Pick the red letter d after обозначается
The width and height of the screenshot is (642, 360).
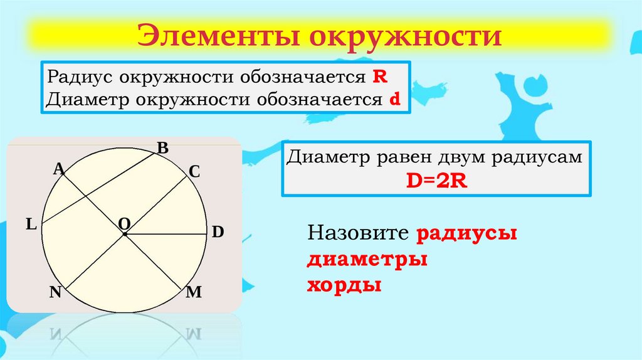[396, 99]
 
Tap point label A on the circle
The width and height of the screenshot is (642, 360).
[58, 168]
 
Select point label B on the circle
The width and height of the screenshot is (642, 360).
[162, 149]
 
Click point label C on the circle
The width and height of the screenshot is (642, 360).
[194, 171]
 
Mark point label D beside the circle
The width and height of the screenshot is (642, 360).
[218, 231]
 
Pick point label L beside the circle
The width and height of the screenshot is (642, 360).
[30, 224]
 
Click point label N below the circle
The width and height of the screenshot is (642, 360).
[55, 292]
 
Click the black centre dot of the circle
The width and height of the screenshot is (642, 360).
[125, 235]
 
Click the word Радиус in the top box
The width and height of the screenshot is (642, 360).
[70, 78]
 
